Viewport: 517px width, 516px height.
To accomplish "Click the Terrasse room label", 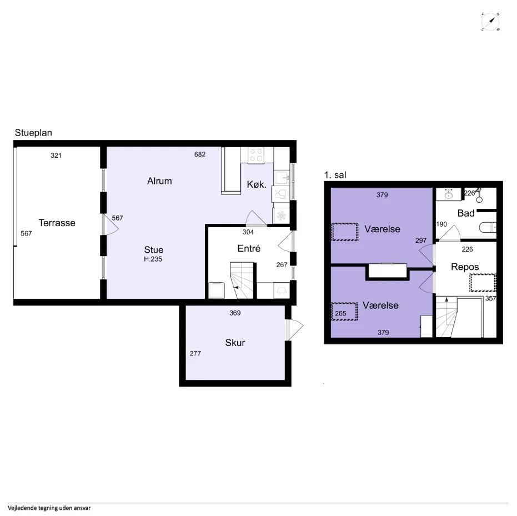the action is pyautogui.click(x=57, y=223).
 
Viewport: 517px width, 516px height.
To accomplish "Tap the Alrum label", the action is pyautogui.click(x=159, y=181).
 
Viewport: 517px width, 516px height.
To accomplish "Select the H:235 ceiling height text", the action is pyautogui.click(x=153, y=259).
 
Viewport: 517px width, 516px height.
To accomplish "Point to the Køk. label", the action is pyautogui.click(x=257, y=184).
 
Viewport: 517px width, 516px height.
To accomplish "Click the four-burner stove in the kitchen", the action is pyautogui.click(x=256, y=155).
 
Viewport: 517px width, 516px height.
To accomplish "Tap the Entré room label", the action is pyautogui.click(x=249, y=248).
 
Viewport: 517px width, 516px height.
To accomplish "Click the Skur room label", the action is pyautogui.click(x=235, y=343).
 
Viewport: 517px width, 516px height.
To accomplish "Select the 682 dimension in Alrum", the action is pyautogui.click(x=200, y=154).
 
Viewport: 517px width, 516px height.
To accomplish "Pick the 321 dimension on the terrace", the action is pyautogui.click(x=56, y=156).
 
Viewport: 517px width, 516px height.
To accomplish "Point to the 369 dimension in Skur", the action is pyautogui.click(x=235, y=313).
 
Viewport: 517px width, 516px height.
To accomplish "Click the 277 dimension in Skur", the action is pyautogui.click(x=195, y=353).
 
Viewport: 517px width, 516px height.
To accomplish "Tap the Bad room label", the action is pyautogui.click(x=466, y=213).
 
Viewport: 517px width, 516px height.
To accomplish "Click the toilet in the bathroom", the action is pyautogui.click(x=488, y=227).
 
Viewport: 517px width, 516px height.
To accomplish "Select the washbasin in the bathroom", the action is pyautogui.click(x=449, y=194).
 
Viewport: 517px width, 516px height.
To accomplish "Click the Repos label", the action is pyautogui.click(x=465, y=267).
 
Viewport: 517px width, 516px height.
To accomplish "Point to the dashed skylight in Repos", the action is pyautogui.click(x=483, y=283).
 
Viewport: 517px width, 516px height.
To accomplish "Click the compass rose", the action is pyautogui.click(x=490, y=22).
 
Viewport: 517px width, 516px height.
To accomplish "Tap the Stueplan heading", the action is pyautogui.click(x=33, y=133).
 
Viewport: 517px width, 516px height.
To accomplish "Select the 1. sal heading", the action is pyautogui.click(x=335, y=175).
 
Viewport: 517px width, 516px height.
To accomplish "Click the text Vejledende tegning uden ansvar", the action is pyautogui.click(x=49, y=508).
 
